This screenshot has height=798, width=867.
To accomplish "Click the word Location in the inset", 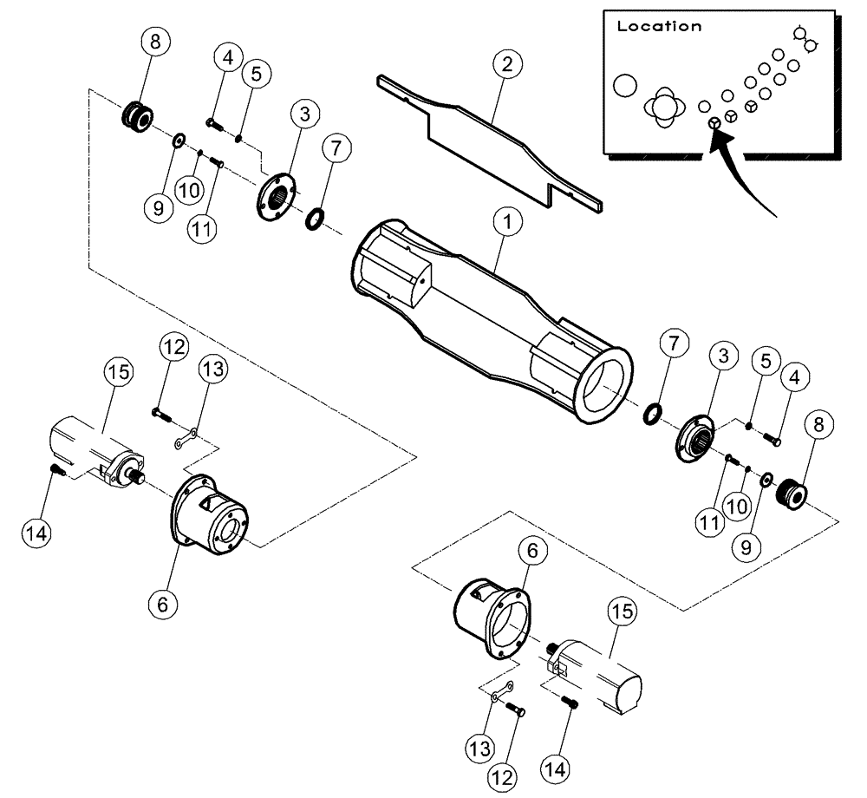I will click(x=659, y=26).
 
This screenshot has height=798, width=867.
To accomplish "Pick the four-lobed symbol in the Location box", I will click(x=663, y=106).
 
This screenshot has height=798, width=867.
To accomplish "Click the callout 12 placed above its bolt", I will click(x=173, y=348).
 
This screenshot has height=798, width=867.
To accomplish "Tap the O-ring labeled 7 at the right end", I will click(x=655, y=414).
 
